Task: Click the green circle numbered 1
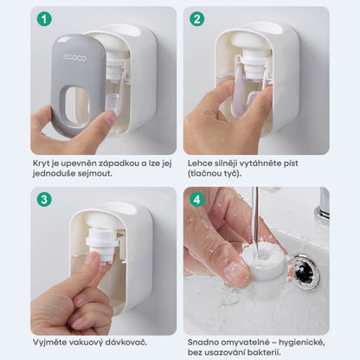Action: pos(44,19)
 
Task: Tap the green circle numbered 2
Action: pos(197,19)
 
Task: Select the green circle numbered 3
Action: pos(44,200)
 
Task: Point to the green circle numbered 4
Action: pos(197,200)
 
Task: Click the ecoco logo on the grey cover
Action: pos(74,58)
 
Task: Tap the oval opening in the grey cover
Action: pos(77,106)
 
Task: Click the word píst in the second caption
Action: pos(290,164)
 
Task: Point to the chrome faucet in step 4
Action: pos(322,206)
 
